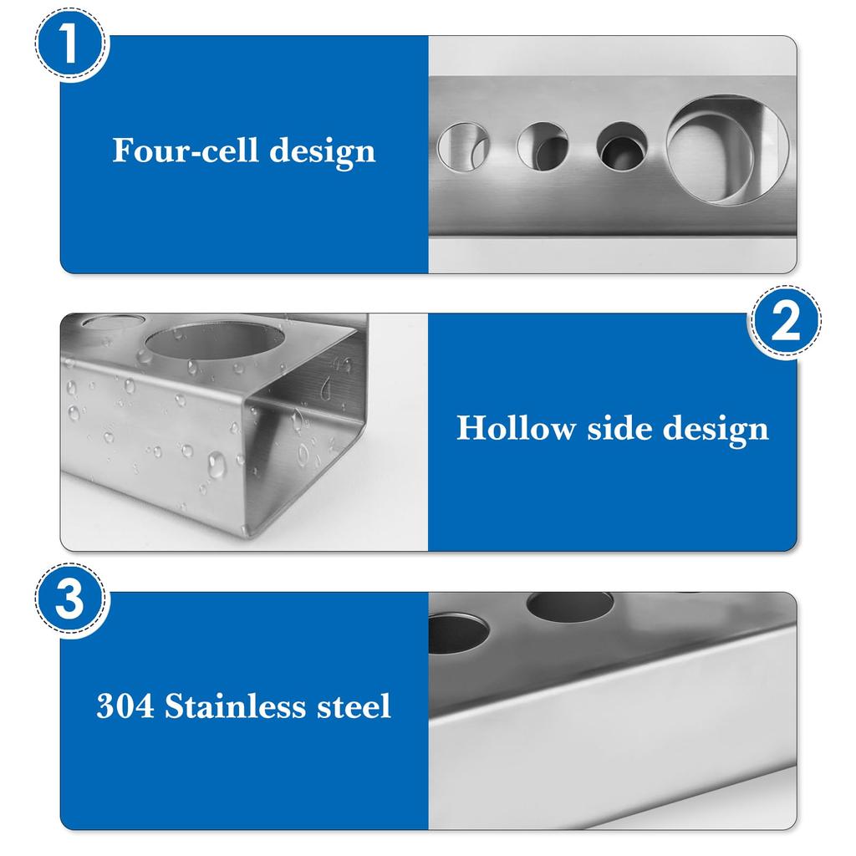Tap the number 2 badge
(783, 324)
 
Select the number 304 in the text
(125, 706)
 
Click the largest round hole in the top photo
(726, 149)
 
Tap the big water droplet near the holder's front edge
(217, 464)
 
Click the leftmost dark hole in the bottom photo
(456, 633)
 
